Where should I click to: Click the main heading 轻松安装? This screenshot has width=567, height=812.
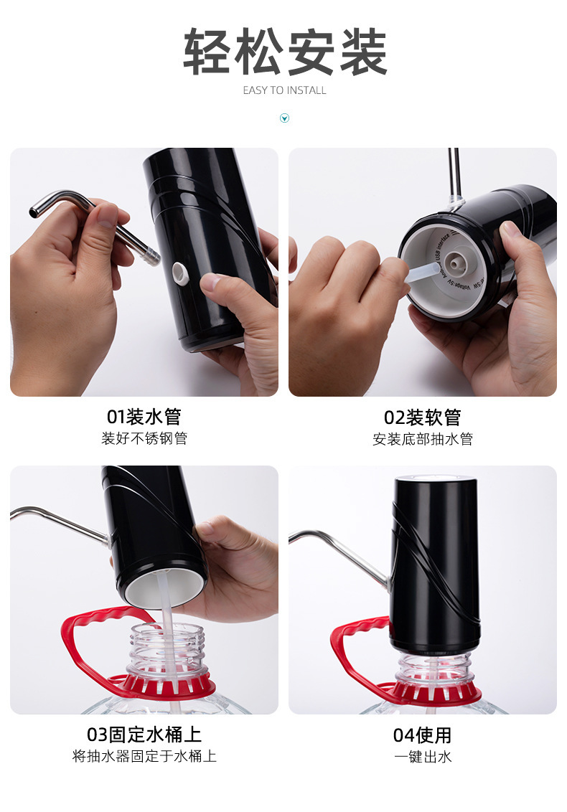[285, 52]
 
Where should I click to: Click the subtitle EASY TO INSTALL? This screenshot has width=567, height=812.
[284, 90]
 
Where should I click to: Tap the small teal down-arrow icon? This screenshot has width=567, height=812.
[284, 118]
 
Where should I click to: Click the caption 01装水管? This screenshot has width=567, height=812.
[144, 417]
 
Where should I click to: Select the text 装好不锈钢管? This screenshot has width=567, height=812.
[144, 438]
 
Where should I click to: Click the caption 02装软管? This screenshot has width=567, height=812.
[422, 417]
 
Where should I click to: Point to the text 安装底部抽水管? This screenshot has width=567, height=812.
[422, 439]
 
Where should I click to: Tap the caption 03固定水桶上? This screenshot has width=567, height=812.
[144, 735]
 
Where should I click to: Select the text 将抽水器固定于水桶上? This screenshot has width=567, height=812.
[144, 756]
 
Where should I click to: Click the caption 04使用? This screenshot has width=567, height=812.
[422, 735]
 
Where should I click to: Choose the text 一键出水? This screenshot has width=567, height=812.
[422, 757]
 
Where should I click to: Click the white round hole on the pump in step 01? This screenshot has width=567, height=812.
[179, 270]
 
